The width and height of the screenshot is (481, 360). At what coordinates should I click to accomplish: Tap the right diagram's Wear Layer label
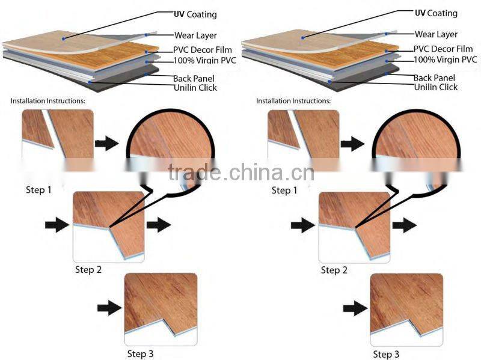point(436,35)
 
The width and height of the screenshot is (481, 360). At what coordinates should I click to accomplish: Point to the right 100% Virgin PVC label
point(445,59)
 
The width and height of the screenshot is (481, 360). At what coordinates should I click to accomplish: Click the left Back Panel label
point(194,78)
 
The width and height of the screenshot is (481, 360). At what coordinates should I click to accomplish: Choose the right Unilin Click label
point(435,87)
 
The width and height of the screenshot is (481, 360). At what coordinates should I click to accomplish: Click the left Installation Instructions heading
point(48,100)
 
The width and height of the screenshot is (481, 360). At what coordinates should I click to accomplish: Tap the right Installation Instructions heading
point(293,100)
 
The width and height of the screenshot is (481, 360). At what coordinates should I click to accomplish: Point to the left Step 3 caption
point(139,353)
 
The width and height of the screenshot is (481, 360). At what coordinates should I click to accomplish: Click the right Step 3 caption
point(385,354)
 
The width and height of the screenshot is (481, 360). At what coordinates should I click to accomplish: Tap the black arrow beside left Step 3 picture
point(109,309)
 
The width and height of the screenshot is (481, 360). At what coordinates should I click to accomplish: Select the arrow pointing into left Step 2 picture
point(57,225)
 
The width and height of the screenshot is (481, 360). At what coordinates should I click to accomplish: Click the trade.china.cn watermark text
point(240,172)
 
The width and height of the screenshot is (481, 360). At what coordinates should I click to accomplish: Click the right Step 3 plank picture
point(406,309)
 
